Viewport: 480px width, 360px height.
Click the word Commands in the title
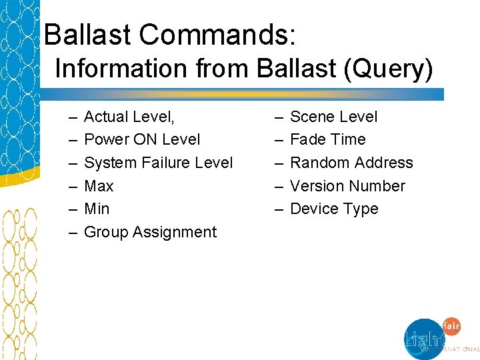(225, 35)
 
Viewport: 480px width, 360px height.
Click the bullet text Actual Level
(129, 117)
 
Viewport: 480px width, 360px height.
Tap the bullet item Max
(99, 186)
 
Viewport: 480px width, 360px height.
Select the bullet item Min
(97, 209)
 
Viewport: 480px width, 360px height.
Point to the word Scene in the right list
(312, 117)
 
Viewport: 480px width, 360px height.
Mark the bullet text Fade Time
(328, 139)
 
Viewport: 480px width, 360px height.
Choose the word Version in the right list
(317, 186)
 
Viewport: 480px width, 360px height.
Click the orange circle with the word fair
(451, 327)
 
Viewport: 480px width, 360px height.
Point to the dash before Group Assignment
(71, 232)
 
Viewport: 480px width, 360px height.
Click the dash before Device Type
(277, 209)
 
